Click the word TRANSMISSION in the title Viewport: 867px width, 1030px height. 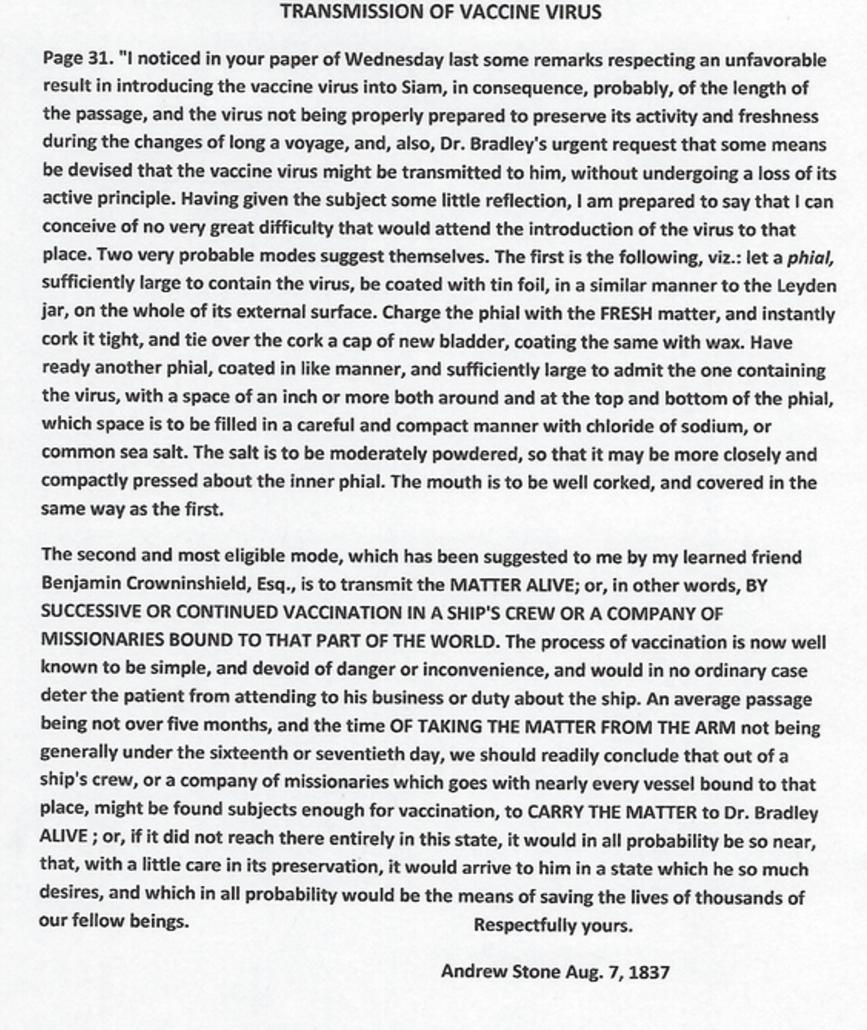tap(340, 12)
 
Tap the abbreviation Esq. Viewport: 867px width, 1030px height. tap(300, 584)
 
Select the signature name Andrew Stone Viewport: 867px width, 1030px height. tap(497, 970)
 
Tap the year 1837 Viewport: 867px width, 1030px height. tap(646, 970)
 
